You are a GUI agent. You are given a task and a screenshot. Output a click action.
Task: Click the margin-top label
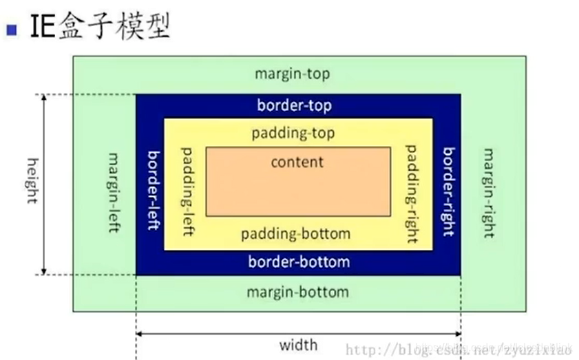click(x=292, y=74)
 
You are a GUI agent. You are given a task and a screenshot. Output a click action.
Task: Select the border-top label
click(x=294, y=105)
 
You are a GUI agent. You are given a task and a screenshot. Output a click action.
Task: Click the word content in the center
click(x=297, y=162)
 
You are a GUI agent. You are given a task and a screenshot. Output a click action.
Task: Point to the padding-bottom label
click(x=295, y=233)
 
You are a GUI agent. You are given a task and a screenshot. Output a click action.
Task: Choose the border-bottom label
click(x=299, y=262)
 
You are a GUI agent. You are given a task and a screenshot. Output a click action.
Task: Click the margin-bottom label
click(x=297, y=292)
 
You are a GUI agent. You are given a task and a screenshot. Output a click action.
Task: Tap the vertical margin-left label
click(x=114, y=192)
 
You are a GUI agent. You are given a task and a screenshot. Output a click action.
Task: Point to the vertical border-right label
click(x=449, y=191)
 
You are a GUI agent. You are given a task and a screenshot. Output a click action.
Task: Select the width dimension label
click(x=298, y=345)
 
